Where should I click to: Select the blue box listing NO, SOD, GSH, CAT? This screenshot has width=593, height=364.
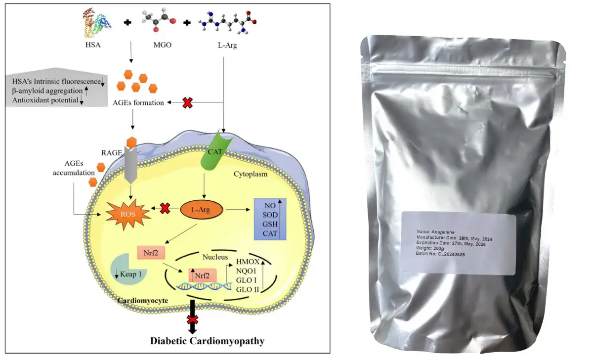pos(270,219)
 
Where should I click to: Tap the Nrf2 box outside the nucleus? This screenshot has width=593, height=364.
pos(151,254)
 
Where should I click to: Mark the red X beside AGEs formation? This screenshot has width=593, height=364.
pos(188,103)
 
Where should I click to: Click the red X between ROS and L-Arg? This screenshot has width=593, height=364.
pos(165,209)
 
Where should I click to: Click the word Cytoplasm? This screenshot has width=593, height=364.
pos(250,175)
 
